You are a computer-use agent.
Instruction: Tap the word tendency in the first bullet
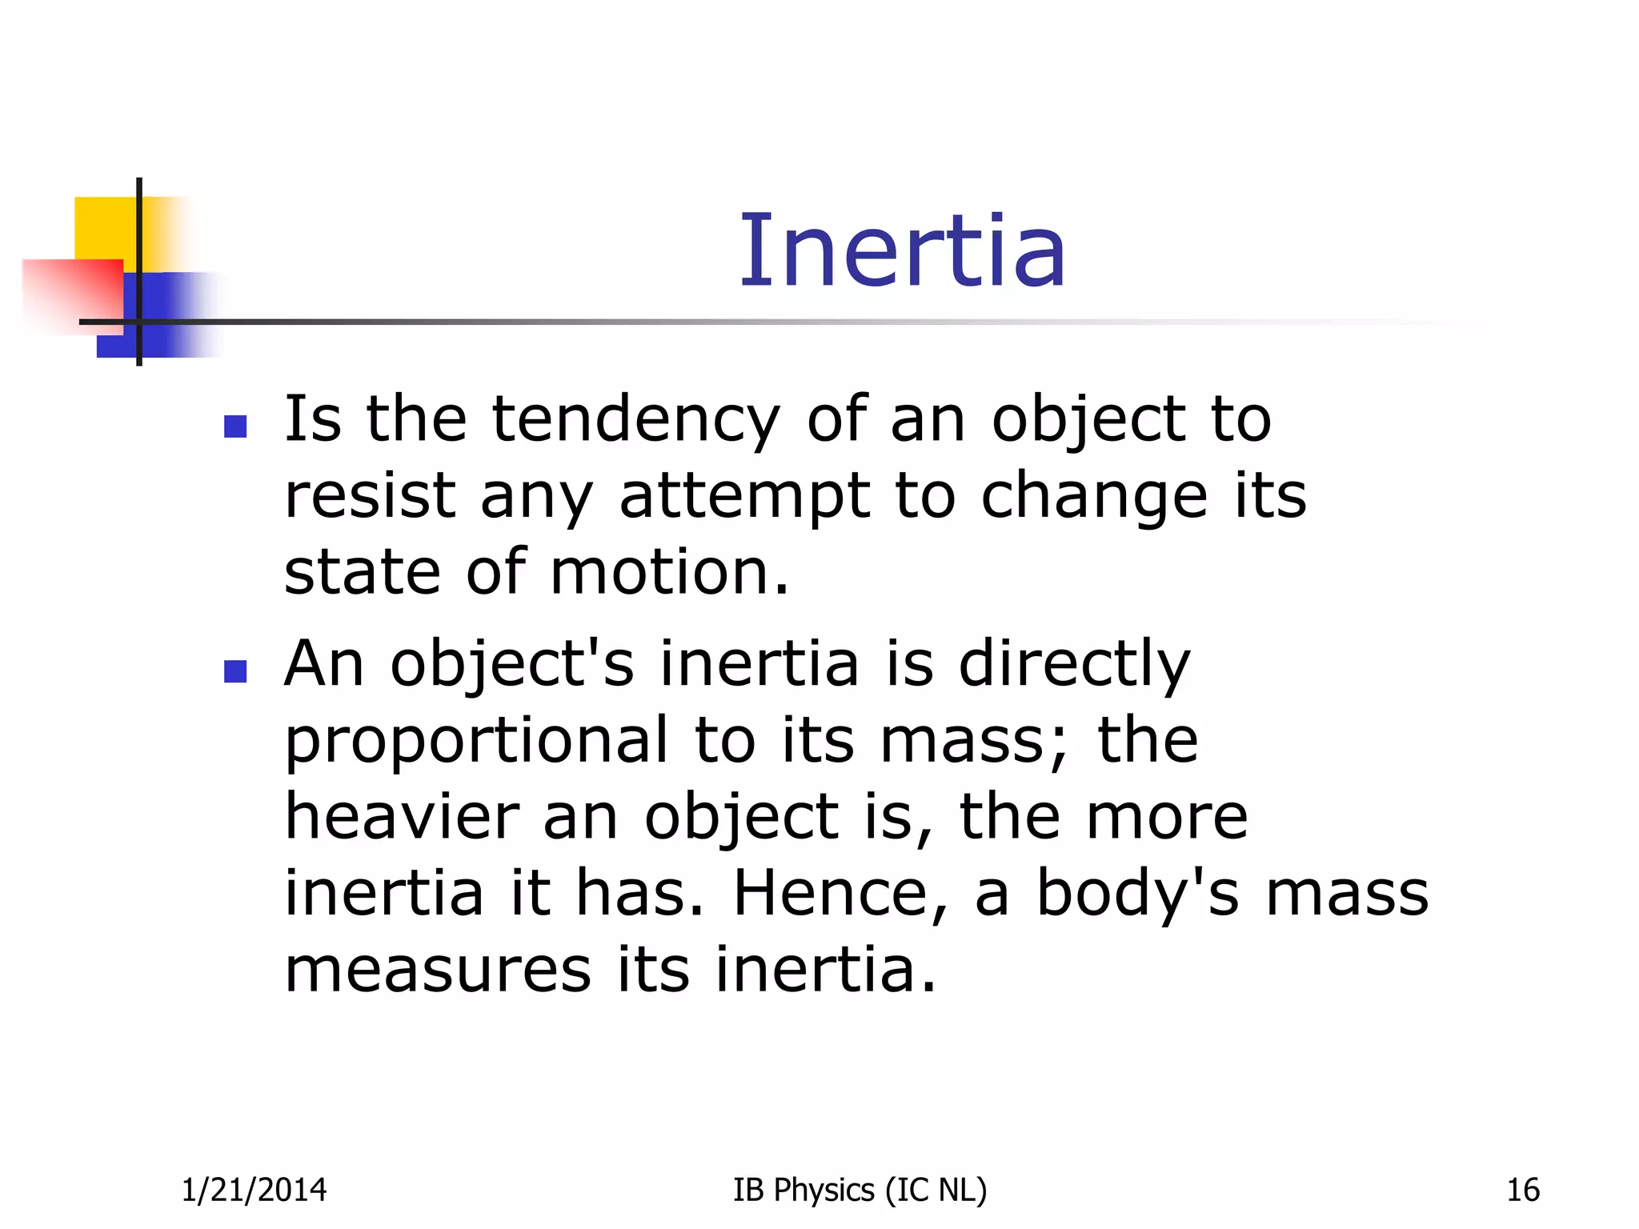tap(635, 419)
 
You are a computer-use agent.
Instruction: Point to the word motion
tap(669, 573)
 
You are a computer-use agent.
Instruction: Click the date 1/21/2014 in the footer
tap(254, 1191)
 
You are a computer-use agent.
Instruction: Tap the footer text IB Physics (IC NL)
tap(860, 1191)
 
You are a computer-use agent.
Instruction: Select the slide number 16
tap(1523, 1191)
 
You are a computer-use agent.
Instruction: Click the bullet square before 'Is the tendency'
tap(235, 426)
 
